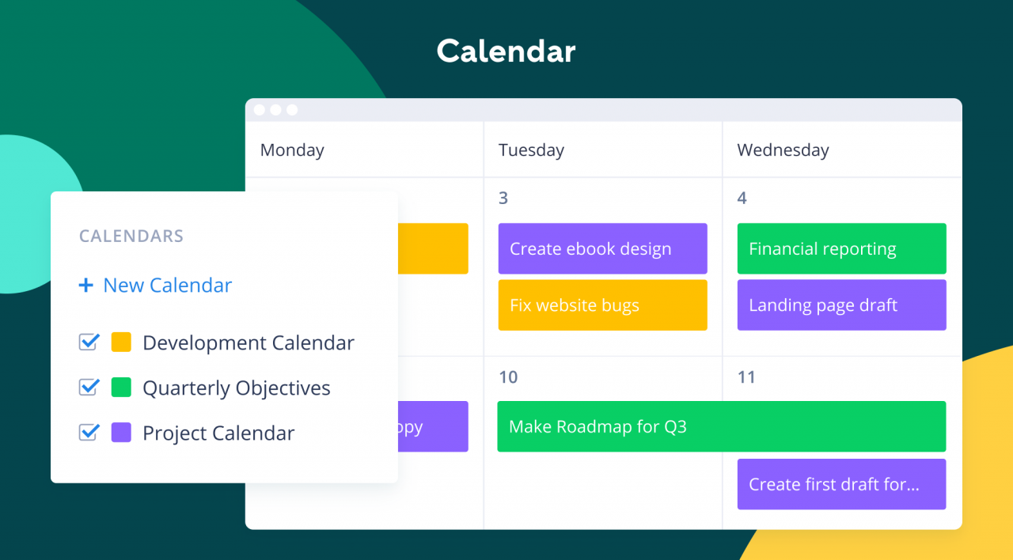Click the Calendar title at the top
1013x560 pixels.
point(506,51)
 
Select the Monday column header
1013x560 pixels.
point(292,150)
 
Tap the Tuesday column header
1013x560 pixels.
point(531,150)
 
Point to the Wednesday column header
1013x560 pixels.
point(783,150)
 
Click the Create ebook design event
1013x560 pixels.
point(602,248)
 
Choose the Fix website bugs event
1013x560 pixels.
point(602,305)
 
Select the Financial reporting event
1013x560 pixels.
point(841,248)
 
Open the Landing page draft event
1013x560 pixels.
point(841,305)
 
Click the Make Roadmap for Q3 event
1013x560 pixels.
point(721,427)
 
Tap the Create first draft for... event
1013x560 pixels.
point(841,484)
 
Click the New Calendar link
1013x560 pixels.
point(156,286)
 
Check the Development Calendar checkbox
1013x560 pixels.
point(89,342)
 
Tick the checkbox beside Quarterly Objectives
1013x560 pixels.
point(89,388)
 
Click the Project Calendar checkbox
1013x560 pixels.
point(89,433)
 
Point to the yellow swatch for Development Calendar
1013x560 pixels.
point(121,342)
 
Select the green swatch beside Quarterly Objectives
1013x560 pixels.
point(121,388)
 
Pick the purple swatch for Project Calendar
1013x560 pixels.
point(121,433)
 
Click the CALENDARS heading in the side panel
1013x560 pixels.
point(131,236)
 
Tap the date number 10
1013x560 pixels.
point(508,377)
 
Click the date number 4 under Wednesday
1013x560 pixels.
point(742,198)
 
